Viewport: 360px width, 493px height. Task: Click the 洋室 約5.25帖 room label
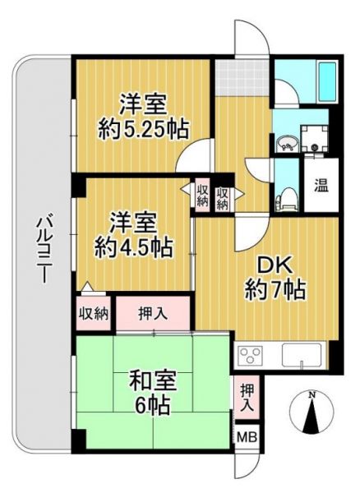[x=143, y=117]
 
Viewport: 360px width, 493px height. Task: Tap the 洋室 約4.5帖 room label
[x=133, y=235]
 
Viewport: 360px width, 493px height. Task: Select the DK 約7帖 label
[x=275, y=279]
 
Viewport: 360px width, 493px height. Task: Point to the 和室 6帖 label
[x=152, y=393]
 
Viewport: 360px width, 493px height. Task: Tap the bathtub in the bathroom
[x=327, y=82]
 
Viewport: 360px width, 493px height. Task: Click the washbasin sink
[x=286, y=145]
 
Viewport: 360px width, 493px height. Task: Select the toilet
[x=286, y=199]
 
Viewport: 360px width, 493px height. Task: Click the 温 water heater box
[x=321, y=185]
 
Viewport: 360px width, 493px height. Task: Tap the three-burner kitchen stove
[x=251, y=355]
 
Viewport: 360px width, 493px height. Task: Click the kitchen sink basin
[x=302, y=355]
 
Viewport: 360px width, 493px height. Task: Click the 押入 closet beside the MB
[x=247, y=398]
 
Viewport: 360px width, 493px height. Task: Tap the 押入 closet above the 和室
[x=153, y=313]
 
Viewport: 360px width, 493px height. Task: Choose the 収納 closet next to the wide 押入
[x=94, y=313]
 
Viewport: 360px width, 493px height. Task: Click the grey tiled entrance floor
[x=242, y=77]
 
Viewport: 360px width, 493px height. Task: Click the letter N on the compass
[x=312, y=394]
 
